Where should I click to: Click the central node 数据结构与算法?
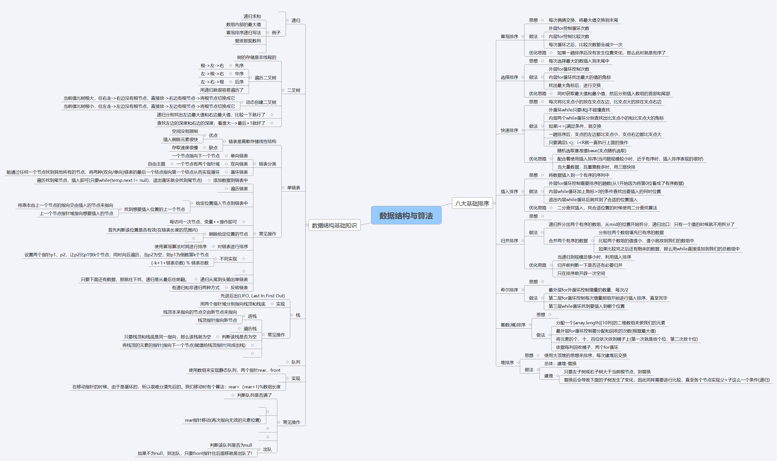406,215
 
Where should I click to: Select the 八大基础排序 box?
472,203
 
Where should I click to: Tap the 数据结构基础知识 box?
334,225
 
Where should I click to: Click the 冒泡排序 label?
509,36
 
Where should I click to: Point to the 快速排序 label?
509,130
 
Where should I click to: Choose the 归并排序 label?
509,240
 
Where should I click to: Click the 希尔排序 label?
509,289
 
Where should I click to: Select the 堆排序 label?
507,362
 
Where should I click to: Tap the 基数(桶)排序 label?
513,325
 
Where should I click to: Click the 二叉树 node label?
293,90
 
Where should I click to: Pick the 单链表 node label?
293,187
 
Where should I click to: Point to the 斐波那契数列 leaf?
248,41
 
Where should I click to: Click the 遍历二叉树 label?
265,78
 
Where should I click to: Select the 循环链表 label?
239,172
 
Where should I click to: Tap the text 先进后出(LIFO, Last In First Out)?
252,296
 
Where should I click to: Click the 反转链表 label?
239,287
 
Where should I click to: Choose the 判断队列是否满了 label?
254,395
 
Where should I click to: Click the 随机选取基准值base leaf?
592,151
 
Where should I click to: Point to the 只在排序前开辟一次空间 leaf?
581,273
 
